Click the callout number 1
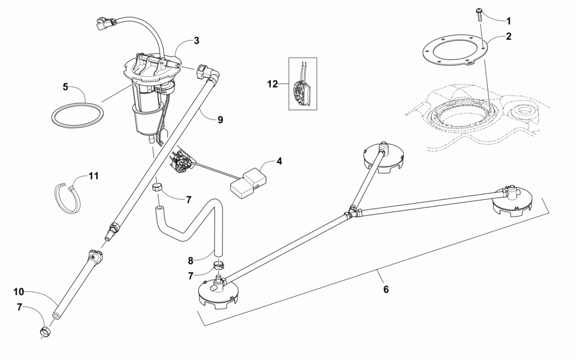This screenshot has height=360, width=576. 508,21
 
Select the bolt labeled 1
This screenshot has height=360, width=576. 479,13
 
